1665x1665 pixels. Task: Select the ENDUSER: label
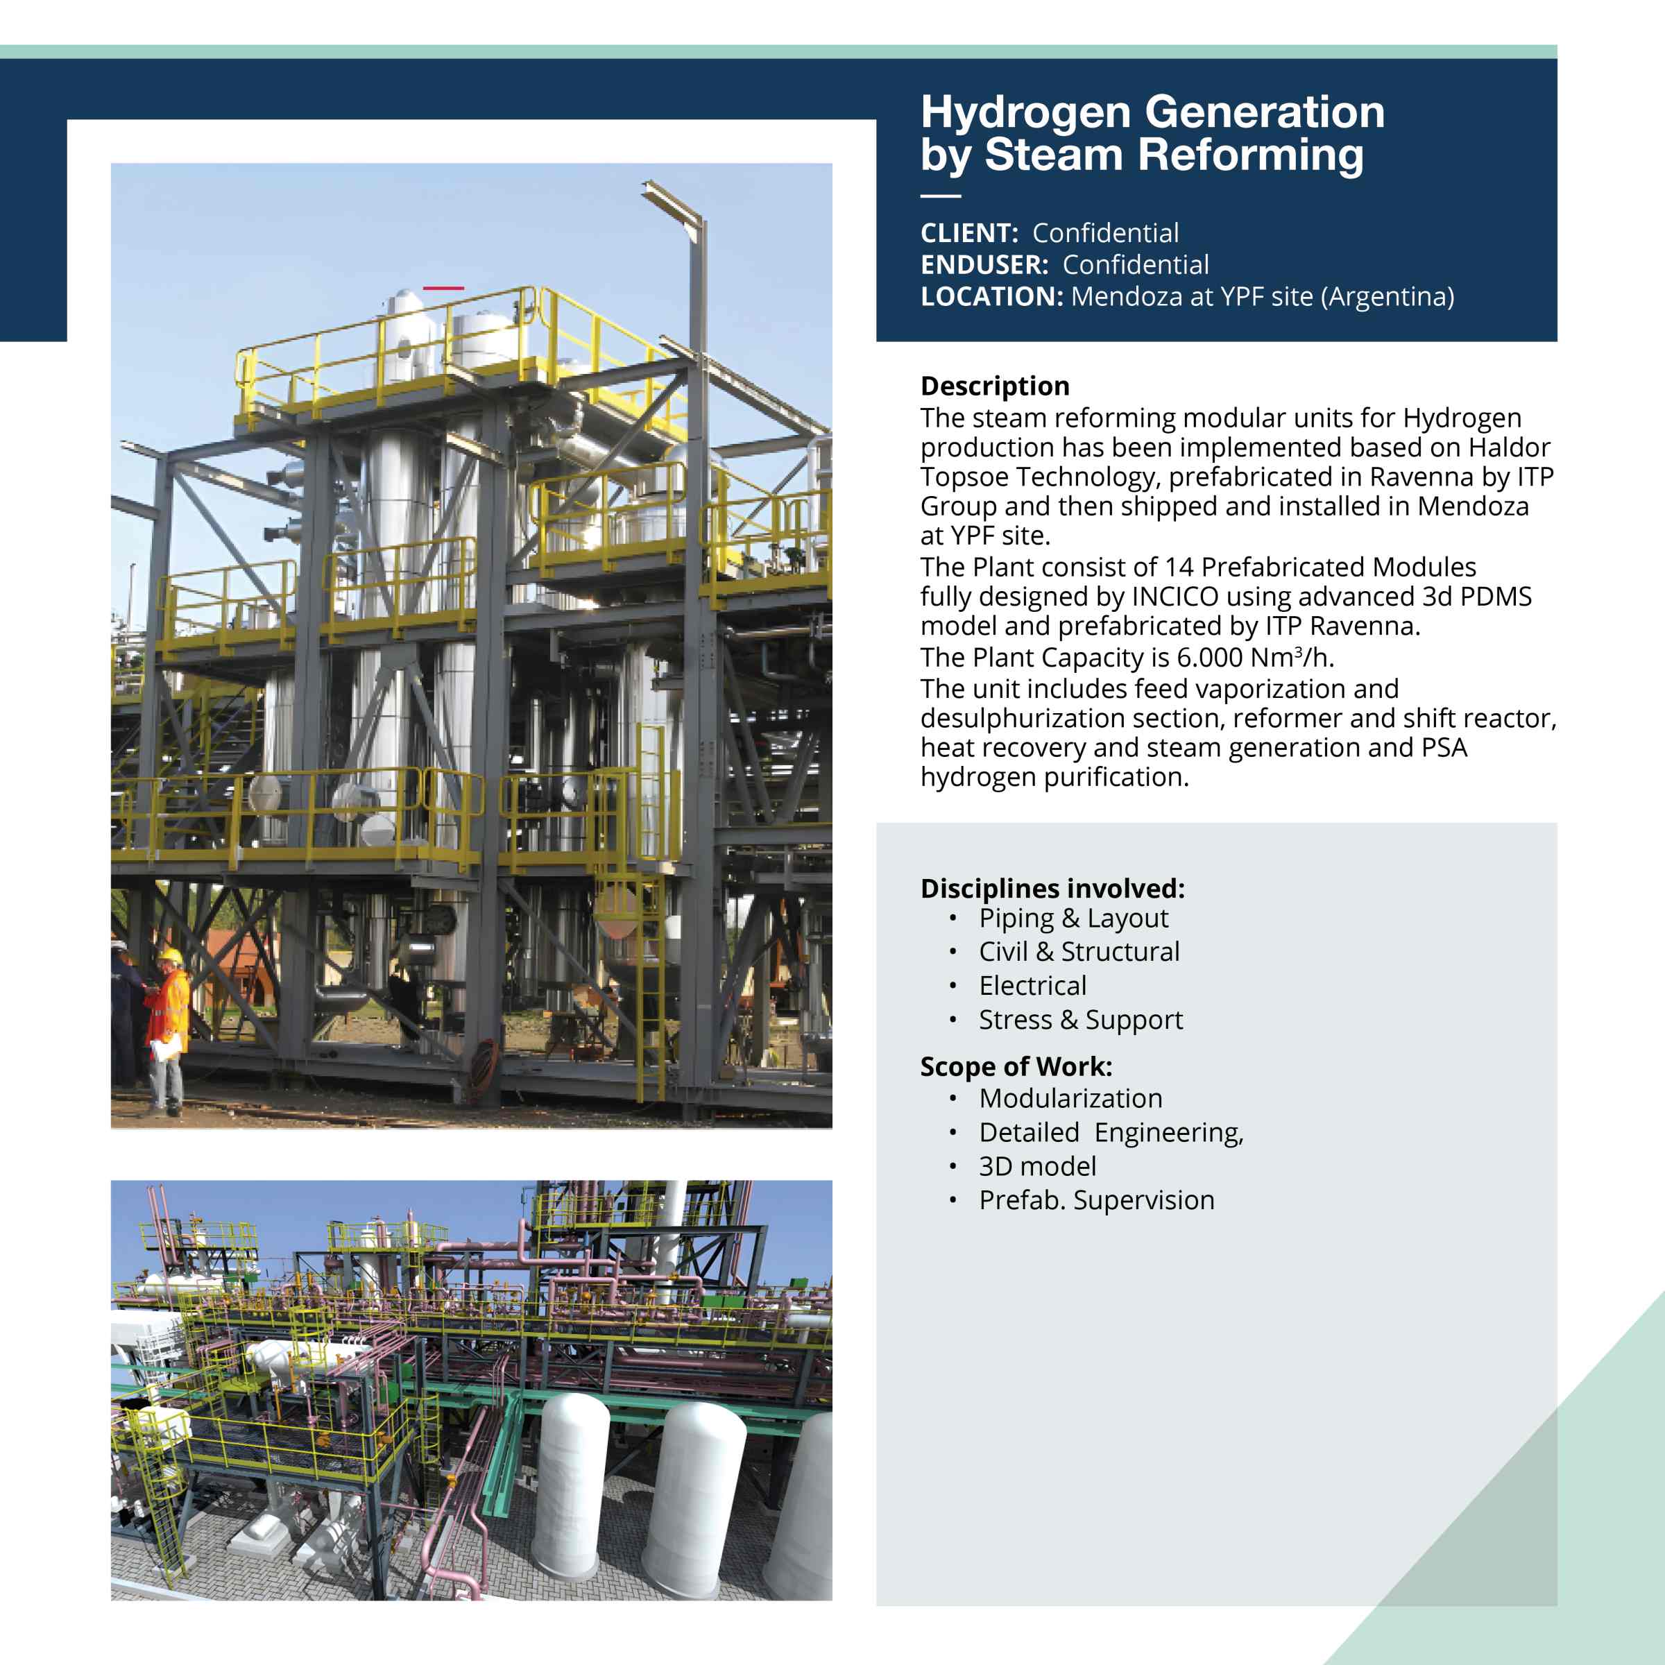pos(984,264)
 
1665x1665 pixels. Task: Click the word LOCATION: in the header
pos(992,296)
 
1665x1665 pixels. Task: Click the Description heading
pos(995,386)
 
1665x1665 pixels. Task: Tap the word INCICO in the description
pos(1175,597)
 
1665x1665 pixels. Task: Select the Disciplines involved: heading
pos(1052,889)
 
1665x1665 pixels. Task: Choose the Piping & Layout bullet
pos(1073,919)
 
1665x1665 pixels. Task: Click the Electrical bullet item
pos(1032,985)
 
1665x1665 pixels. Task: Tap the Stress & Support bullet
pos(1081,1021)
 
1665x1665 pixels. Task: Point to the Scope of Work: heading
pos(1016,1067)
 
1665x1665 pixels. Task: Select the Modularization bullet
pos(1070,1098)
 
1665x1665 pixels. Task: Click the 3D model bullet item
pos(1038,1166)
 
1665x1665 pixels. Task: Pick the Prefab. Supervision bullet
pos(1096,1200)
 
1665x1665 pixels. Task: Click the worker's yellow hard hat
pos(171,957)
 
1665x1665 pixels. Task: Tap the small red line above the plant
pos(443,288)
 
